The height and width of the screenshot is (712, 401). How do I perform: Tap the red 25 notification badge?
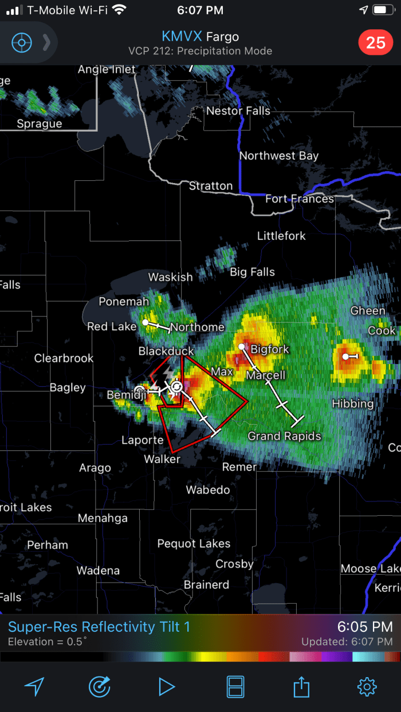pyautogui.click(x=375, y=42)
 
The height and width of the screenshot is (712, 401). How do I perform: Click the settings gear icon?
pyautogui.click(x=367, y=686)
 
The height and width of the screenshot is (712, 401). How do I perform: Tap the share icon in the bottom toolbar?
pyautogui.click(x=301, y=686)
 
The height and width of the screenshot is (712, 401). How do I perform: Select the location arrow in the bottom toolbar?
pyautogui.click(x=34, y=686)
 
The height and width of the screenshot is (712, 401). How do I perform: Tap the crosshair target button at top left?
pyautogui.click(x=22, y=42)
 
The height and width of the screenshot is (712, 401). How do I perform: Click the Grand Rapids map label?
pyautogui.click(x=284, y=436)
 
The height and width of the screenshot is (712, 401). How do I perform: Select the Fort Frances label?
pyautogui.click(x=299, y=199)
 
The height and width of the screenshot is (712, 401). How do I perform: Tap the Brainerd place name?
pyautogui.click(x=206, y=585)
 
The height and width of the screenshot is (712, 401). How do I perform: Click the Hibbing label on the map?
pyautogui.click(x=352, y=404)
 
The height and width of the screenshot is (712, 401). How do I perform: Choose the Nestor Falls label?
pyautogui.click(x=238, y=111)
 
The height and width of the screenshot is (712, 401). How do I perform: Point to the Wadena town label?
pyautogui.click(x=98, y=571)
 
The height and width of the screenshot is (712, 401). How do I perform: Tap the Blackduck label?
pyautogui.click(x=166, y=351)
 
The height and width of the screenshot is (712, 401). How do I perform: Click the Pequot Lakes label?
pyautogui.click(x=194, y=544)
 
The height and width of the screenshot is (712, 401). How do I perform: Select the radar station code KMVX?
pyautogui.click(x=181, y=37)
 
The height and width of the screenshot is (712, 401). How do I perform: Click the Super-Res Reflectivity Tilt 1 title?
pyautogui.click(x=99, y=627)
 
